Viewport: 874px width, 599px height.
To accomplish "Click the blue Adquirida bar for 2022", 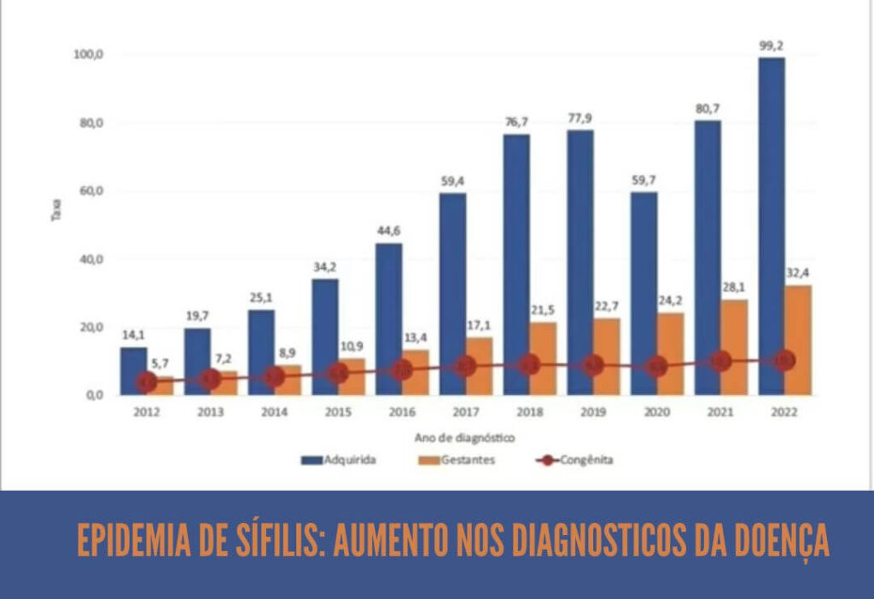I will (771, 226).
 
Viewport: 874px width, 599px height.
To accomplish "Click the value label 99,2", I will (772, 44).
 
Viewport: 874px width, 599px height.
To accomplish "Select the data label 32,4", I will (798, 272).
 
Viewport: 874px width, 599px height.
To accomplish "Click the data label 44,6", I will (389, 230).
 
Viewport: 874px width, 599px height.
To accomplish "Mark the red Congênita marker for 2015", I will (338, 374).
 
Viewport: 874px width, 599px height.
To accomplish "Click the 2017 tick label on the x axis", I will (466, 412).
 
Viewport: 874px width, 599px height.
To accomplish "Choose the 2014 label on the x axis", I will (274, 412).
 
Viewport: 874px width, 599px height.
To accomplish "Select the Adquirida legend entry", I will (339, 460).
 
